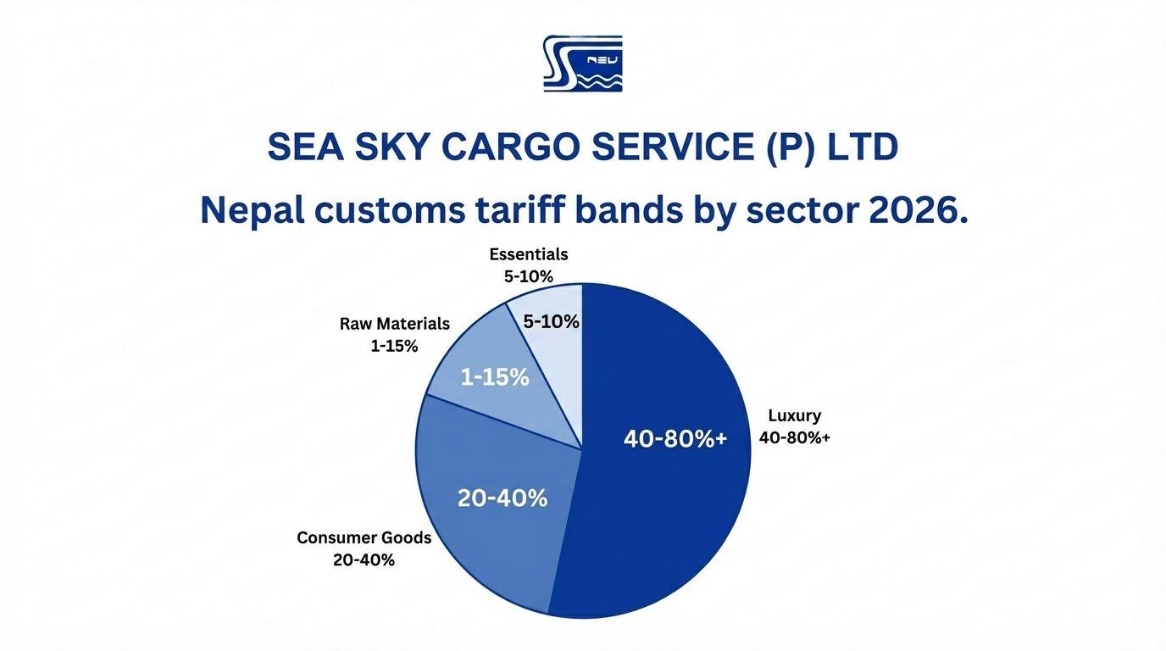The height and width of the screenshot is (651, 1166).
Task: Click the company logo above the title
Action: click(x=582, y=64)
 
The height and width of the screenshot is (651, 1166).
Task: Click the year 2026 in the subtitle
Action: click(x=918, y=210)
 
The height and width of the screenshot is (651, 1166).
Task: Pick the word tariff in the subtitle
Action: click(x=520, y=210)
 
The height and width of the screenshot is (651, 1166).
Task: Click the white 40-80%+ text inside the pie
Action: click(x=675, y=438)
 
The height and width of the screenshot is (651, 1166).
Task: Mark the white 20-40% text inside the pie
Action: click(x=502, y=498)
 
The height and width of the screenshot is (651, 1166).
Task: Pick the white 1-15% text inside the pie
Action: click(x=495, y=377)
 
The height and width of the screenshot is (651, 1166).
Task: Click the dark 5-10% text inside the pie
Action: click(x=551, y=322)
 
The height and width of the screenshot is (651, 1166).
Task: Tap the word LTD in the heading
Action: click(x=863, y=148)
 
